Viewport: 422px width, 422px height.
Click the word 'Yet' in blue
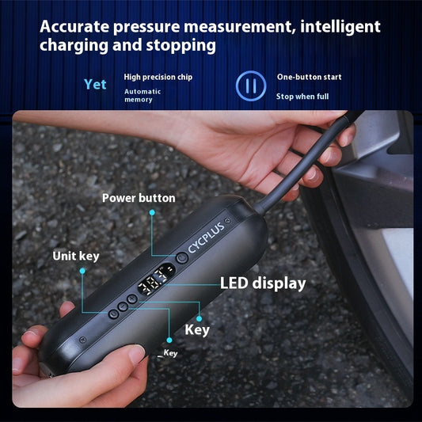95,84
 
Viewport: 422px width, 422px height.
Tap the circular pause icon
247,85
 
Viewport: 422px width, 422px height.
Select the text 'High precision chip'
158,77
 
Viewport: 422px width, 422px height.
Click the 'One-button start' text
310,77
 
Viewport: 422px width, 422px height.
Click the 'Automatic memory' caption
143,95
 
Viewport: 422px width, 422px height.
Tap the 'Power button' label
139,197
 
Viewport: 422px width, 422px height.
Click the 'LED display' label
262,283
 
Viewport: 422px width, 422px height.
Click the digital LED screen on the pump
156,283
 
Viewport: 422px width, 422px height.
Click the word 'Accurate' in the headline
76,27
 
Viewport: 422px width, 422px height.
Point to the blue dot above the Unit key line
82,271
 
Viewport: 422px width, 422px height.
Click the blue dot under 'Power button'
151,212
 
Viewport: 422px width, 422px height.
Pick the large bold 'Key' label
196,329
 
